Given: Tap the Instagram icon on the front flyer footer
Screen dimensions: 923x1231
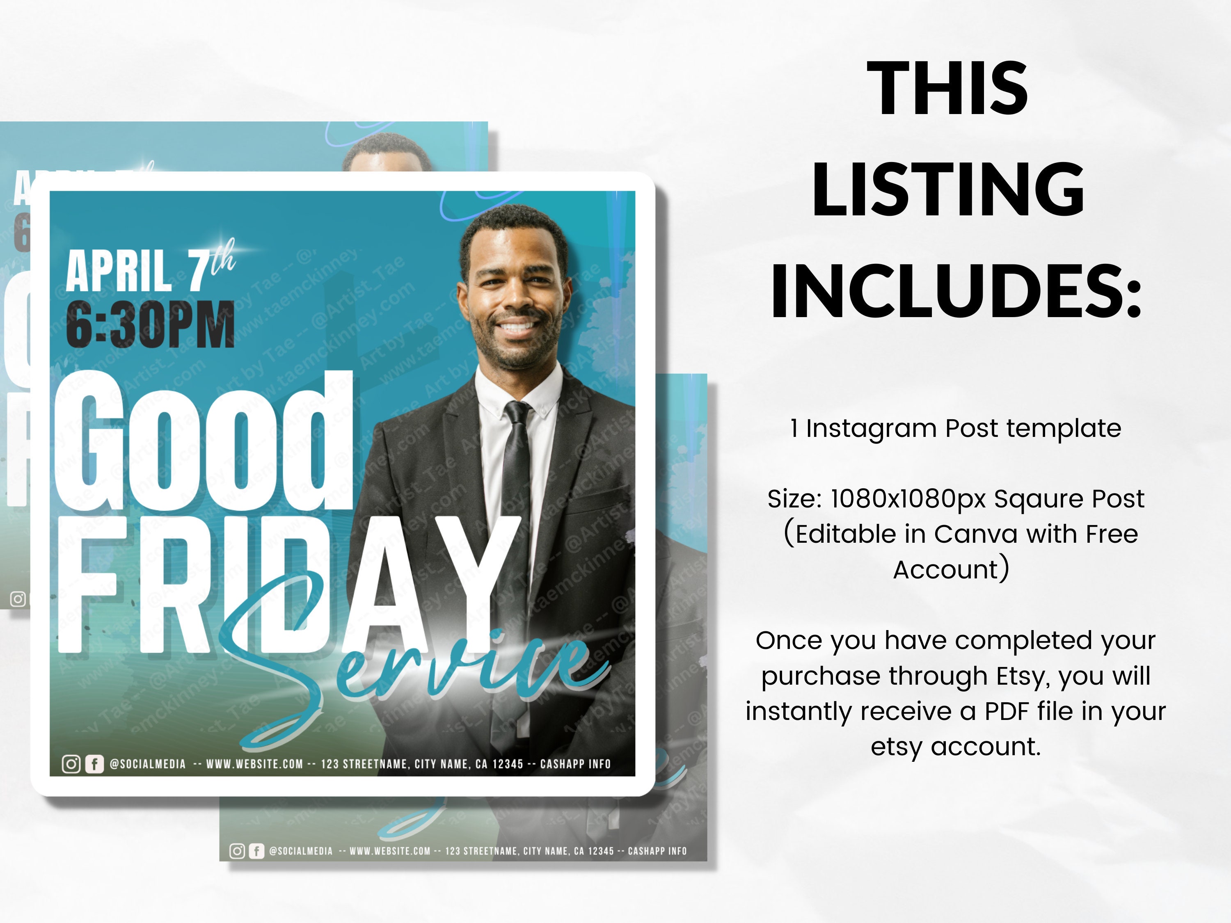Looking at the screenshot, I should point(71,764).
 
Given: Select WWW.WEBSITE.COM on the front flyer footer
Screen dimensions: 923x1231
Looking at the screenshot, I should point(254,764).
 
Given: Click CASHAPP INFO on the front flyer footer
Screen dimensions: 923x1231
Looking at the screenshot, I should point(575,764).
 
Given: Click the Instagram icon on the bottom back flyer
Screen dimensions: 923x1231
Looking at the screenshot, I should point(237,851).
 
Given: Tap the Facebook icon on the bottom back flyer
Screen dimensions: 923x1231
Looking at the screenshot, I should point(256,851).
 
